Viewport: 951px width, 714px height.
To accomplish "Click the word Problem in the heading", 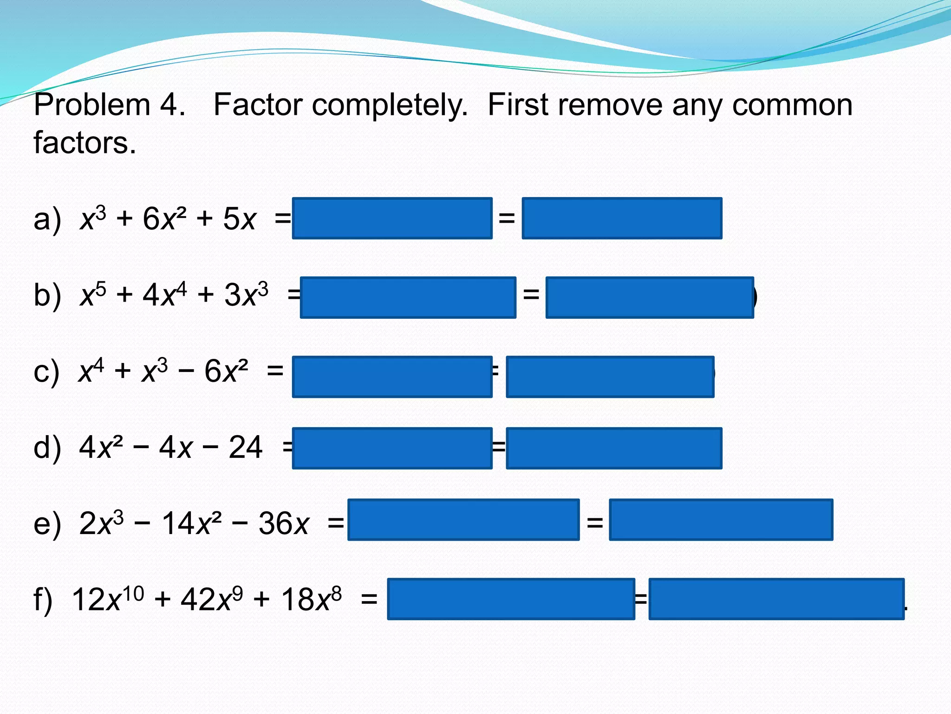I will click(x=91, y=105).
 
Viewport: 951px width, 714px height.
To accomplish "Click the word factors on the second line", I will click(x=85, y=143).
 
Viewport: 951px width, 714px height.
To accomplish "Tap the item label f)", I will click(x=43, y=600).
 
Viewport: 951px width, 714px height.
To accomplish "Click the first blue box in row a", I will click(x=392, y=218).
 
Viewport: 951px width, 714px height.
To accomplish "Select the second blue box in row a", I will click(x=622, y=218).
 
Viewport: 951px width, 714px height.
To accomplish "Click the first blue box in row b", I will click(x=408, y=297).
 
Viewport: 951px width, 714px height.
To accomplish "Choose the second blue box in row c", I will click(x=610, y=377).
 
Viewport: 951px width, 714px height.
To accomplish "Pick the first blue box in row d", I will click(x=392, y=448).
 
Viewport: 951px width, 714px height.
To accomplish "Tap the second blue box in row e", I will click(x=721, y=520).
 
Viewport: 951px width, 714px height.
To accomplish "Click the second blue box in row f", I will click(x=776, y=599).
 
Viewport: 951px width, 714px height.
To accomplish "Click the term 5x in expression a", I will click(x=239, y=219).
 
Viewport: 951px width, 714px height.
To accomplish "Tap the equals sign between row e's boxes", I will click(x=594, y=523).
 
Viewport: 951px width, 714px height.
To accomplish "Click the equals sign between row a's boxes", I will click(x=507, y=218).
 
